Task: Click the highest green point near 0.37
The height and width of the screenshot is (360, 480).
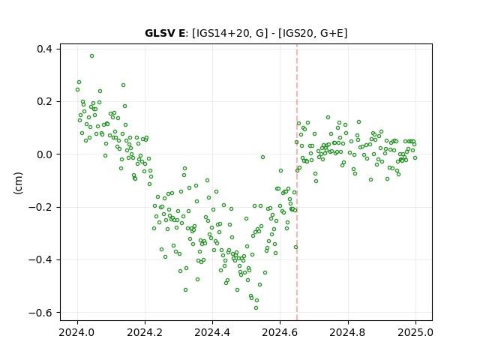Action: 91,56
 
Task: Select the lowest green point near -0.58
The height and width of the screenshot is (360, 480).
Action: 256,308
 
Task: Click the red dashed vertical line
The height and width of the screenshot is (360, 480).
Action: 297,182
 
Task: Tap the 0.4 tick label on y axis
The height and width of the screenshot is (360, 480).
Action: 44,49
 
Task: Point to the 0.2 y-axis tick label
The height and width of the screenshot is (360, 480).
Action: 44,102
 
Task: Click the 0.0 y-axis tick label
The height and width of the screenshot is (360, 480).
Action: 44,154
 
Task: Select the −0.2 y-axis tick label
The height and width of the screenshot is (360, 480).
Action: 40,207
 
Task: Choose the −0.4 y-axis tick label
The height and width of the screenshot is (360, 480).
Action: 40,260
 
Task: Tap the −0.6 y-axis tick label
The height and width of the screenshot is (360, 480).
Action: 40,313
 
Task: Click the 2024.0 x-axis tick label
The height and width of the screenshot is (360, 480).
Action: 77,332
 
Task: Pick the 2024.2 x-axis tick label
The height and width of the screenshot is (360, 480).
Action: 145,332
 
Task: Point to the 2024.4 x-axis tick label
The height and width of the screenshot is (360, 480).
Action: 212,332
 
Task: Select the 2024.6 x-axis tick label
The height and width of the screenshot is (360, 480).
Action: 280,332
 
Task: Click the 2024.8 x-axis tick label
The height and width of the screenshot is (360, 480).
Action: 348,332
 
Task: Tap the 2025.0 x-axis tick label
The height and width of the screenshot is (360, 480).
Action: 415,332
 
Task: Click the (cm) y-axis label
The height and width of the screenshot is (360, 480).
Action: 18,183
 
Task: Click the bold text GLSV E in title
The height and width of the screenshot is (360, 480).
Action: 165,33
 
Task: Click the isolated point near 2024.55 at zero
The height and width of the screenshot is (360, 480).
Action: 262,157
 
